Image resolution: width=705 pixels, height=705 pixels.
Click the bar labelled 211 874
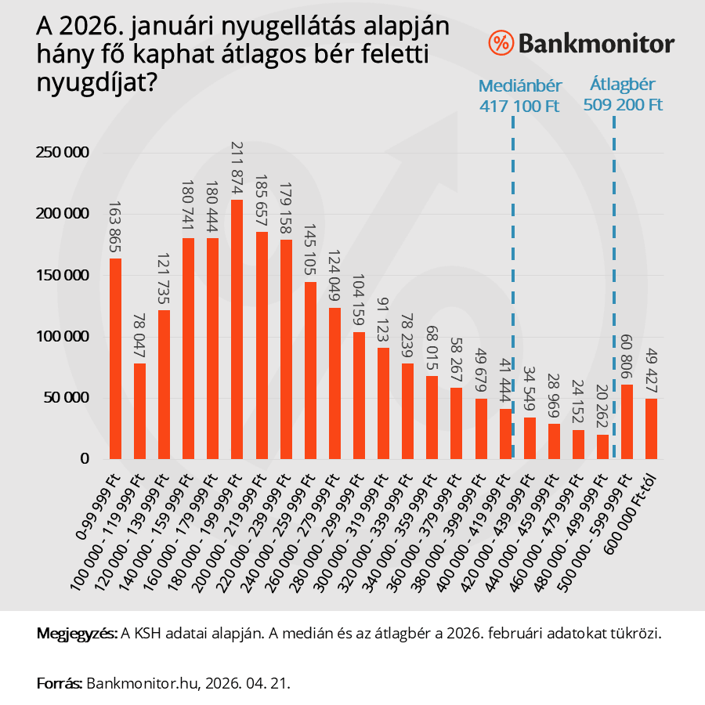click(x=237, y=329)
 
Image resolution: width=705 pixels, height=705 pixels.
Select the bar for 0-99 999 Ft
click(x=115, y=359)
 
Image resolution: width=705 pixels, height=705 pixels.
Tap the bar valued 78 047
click(x=139, y=411)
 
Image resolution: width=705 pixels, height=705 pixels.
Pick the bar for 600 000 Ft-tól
click(x=651, y=428)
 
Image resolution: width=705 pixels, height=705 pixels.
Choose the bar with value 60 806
click(x=627, y=421)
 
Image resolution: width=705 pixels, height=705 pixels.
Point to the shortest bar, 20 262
click(x=602, y=446)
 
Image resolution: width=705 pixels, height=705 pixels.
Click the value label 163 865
click(x=115, y=227)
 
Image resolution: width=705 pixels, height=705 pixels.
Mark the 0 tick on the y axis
click(x=85, y=459)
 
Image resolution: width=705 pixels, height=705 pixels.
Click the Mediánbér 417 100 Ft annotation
click(x=520, y=96)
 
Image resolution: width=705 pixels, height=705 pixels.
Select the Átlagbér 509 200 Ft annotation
click(x=623, y=94)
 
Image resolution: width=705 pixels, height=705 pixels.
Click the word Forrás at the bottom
click(x=59, y=682)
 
